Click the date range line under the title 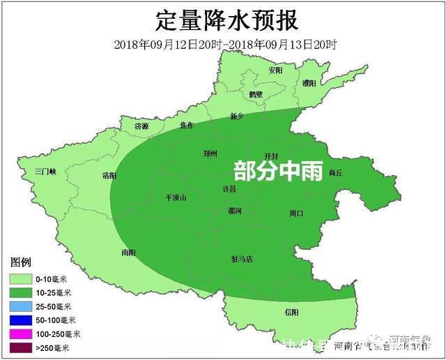click(x=225, y=45)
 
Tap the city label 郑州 click(x=210, y=154)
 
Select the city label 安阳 click(x=275, y=71)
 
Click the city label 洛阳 click(x=109, y=175)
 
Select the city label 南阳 click(x=128, y=252)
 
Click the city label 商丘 click(x=335, y=173)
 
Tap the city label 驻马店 click(x=242, y=259)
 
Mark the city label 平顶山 click(x=176, y=197)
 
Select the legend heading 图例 click(x=20, y=263)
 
